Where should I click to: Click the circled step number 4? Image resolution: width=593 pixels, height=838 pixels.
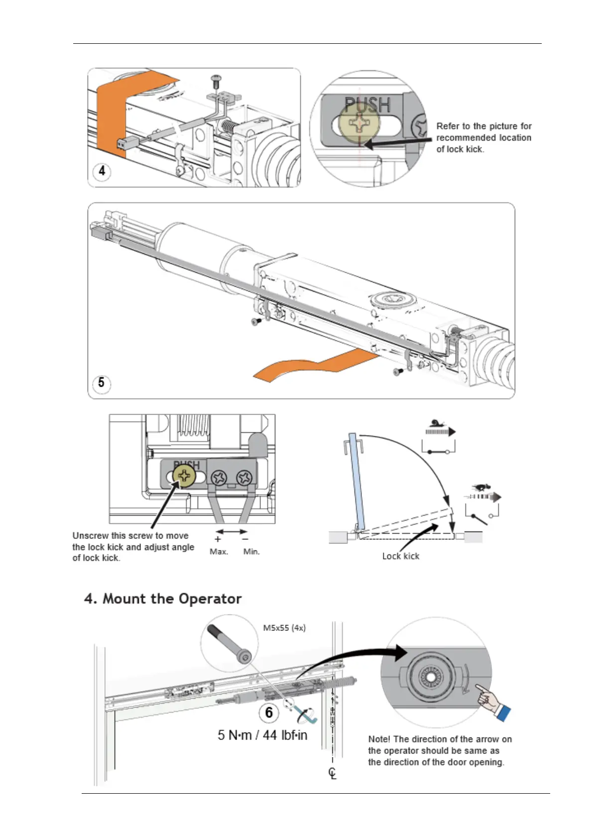(102, 171)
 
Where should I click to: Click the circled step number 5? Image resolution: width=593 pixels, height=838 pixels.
(102, 383)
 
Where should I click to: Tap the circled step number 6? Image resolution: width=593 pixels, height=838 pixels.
(269, 713)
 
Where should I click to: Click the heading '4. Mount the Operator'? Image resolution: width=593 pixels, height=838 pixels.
(163, 599)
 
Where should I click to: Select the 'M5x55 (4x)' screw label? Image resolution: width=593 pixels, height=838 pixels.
(284, 628)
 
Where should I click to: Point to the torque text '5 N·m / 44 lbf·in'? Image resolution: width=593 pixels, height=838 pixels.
(262, 735)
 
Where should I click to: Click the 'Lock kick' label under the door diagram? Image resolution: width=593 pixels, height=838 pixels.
(401, 556)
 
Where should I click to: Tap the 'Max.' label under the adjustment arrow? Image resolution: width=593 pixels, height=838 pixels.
(219, 552)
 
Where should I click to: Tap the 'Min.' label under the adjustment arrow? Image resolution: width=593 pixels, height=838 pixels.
(251, 552)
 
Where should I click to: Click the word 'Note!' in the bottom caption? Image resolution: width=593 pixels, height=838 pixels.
(379, 739)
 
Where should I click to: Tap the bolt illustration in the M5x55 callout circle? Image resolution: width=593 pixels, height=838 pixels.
(231, 643)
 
